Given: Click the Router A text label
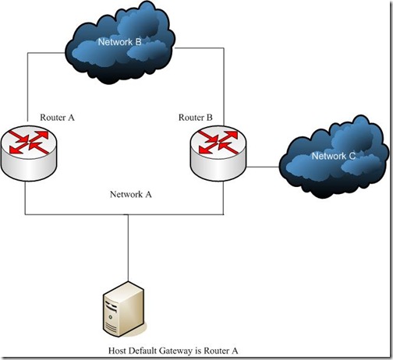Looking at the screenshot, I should tap(56, 117).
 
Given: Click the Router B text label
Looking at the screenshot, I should tap(195, 117).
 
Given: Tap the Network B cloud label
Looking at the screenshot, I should tap(119, 41).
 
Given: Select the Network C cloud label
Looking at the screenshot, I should tap(334, 156).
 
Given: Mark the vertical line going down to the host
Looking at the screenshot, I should tap(128, 249).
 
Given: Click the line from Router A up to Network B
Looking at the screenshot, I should tap(27, 86).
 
